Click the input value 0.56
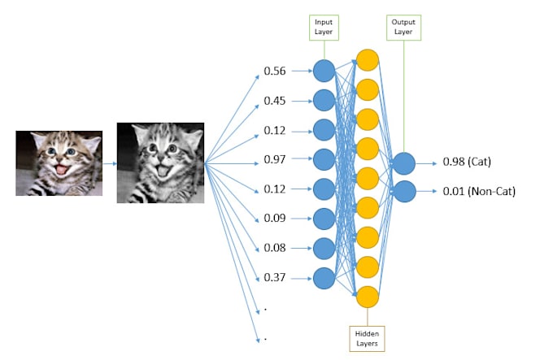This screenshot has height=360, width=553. click(275, 72)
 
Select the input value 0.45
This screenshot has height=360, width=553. click(275, 102)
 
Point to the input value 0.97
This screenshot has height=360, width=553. click(275, 160)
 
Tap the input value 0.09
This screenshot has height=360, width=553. click(275, 219)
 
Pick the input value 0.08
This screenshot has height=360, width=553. click(275, 248)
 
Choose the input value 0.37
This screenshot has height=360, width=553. click(275, 278)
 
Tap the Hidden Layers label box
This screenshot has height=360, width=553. click(368, 337)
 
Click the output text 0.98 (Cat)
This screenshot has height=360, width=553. click(468, 163)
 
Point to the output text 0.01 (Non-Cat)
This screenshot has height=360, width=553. click(480, 192)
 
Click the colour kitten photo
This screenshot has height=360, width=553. click(59, 163)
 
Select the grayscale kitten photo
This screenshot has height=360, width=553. click(160, 163)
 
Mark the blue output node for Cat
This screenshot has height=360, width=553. click(404, 163)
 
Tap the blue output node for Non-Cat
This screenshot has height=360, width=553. click(404, 192)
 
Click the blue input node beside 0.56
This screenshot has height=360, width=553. click(324, 72)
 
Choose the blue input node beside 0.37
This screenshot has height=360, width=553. click(324, 278)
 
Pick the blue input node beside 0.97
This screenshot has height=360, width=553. click(324, 160)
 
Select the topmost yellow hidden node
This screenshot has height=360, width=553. click(368, 59)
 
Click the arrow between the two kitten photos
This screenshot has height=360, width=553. click(110, 163)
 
